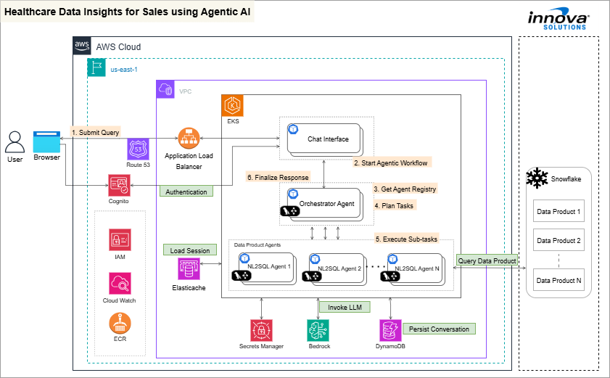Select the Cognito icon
tap(118, 184)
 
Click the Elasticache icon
tap(189, 269)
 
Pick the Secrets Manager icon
tap(261, 329)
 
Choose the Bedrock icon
tap(318, 329)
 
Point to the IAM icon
tap(119, 239)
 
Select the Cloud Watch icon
tap(119, 282)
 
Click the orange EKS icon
tap(233, 106)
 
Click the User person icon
tap(15, 141)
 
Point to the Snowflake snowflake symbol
tap(537, 178)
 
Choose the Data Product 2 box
tap(558, 240)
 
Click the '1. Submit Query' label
tap(95, 132)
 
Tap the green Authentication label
tap(186, 192)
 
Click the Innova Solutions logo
tap(559, 20)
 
